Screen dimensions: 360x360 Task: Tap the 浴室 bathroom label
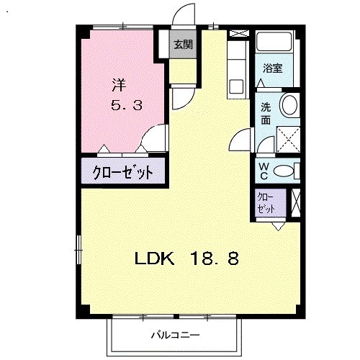(x=272, y=69)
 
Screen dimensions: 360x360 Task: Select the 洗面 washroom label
(x=266, y=114)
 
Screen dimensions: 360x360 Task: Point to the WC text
(x=264, y=171)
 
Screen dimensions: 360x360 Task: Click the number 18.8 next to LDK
(x=214, y=257)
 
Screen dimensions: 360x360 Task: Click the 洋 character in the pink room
(x=118, y=84)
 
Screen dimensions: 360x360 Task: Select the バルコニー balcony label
(x=171, y=336)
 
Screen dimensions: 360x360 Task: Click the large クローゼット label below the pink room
(x=123, y=173)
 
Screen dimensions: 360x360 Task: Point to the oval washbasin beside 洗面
(x=289, y=105)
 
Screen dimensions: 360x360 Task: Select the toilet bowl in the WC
(x=284, y=171)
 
